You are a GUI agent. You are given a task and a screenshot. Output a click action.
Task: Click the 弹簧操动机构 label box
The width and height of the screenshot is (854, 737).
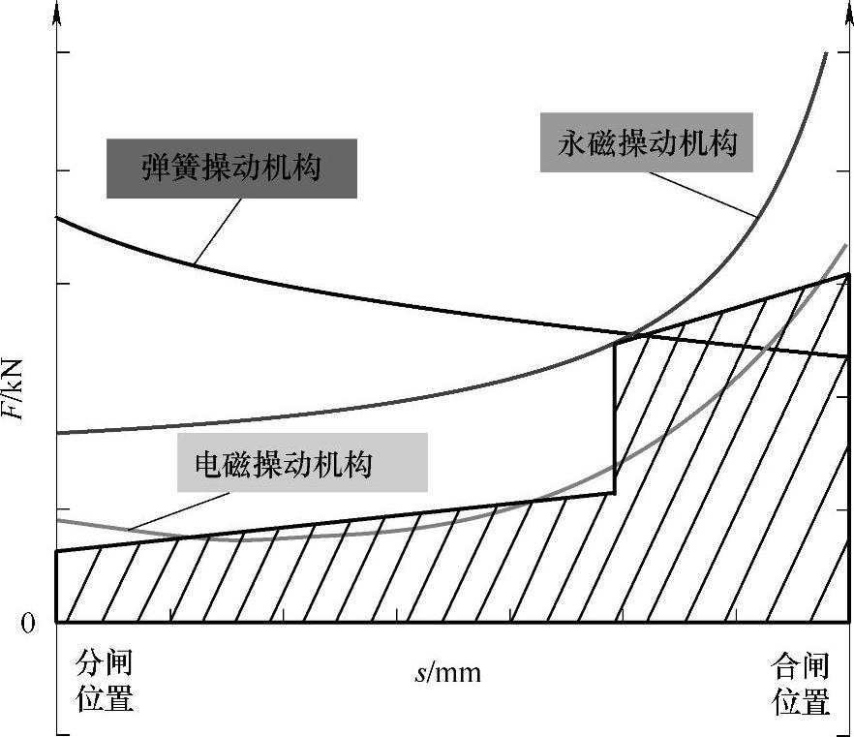tap(231, 169)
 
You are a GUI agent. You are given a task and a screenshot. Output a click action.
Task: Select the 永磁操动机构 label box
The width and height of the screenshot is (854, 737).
tap(647, 144)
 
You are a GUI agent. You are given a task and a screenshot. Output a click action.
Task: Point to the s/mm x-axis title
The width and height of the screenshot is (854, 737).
tap(447, 672)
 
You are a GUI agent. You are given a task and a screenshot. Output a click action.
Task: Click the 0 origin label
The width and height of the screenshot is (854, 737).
tap(29, 623)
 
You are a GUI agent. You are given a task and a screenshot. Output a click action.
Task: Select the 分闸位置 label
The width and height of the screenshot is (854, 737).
tap(104, 682)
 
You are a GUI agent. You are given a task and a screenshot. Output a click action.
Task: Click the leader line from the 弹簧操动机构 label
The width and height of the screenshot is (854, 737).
tap(215, 231)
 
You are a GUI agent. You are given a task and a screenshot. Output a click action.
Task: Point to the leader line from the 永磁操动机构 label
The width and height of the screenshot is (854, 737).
tap(702, 193)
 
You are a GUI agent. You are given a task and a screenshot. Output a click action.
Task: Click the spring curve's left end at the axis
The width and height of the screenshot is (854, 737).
tap(58, 218)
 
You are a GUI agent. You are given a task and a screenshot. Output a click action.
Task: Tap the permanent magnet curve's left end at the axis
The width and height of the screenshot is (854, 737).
tap(58, 433)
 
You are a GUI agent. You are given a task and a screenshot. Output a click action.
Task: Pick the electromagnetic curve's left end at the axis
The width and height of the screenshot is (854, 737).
tap(58, 520)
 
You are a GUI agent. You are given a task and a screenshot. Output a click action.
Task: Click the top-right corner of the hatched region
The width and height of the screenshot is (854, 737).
tap(848, 275)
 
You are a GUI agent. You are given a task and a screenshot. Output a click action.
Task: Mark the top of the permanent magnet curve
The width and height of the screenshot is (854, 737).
tap(825, 53)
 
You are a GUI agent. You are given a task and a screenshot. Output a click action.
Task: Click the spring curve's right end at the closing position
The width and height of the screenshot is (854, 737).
tap(848, 356)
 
